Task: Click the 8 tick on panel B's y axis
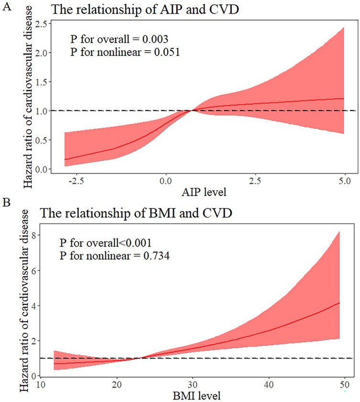coord(33,235)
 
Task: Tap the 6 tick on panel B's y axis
coord(33,270)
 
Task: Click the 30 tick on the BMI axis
coord(192,385)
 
